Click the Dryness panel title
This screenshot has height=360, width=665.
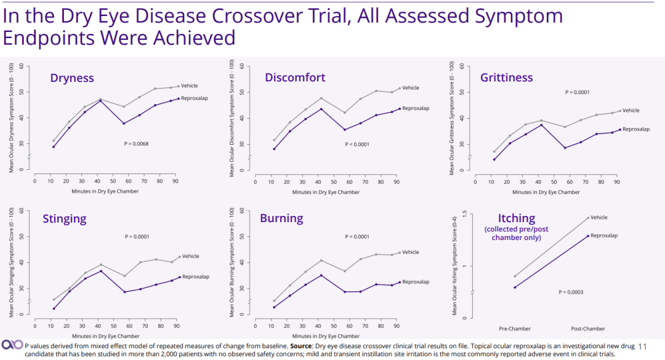[x=72, y=78]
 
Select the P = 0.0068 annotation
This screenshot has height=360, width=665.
[x=137, y=144]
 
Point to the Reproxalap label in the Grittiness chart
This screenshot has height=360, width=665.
[x=637, y=129]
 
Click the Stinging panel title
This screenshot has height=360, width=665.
[x=65, y=218]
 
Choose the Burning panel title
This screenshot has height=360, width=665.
[x=281, y=218]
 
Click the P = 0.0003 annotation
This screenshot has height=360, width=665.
[x=571, y=292]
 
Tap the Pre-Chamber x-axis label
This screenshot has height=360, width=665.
[x=514, y=329]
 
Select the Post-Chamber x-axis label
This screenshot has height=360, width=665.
[x=588, y=329]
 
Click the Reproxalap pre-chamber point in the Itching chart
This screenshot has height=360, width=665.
[x=515, y=287]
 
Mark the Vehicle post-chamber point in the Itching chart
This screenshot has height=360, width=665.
[x=588, y=217]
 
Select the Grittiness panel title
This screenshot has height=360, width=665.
[x=507, y=78]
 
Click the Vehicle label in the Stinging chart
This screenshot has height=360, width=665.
[x=191, y=256]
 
